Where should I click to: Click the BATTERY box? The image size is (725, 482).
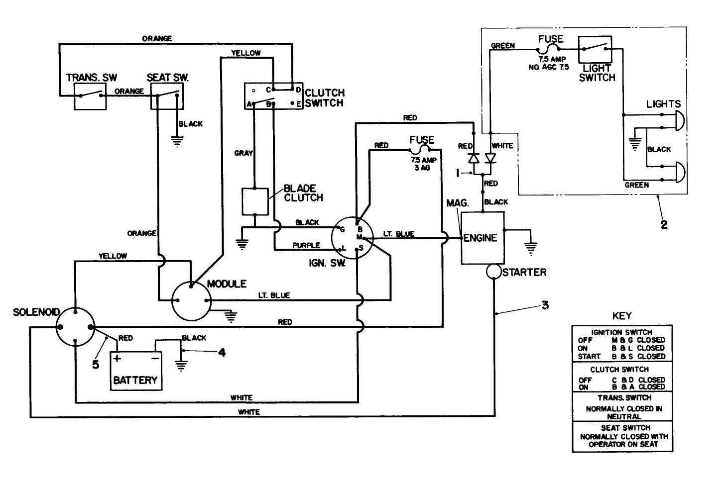(x=135, y=371)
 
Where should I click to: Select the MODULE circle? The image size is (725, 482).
(x=191, y=300)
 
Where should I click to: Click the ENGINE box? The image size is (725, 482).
(x=482, y=238)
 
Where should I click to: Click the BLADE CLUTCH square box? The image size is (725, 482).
(x=254, y=201)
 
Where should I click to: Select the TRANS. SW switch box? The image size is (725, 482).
(x=90, y=96)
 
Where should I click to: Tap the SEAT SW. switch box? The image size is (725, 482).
(x=167, y=96)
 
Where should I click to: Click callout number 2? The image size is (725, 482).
(x=664, y=224)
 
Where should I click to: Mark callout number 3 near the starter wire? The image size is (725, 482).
(x=545, y=305)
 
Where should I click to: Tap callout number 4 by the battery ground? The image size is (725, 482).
(x=222, y=352)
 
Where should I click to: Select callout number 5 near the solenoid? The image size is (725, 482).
(x=96, y=364)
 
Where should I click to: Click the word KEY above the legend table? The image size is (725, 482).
(x=622, y=315)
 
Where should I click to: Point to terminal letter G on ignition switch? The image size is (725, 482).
(x=342, y=230)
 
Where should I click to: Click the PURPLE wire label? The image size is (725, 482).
(x=306, y=245)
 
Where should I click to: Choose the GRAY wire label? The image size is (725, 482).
(x=243, y=153)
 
